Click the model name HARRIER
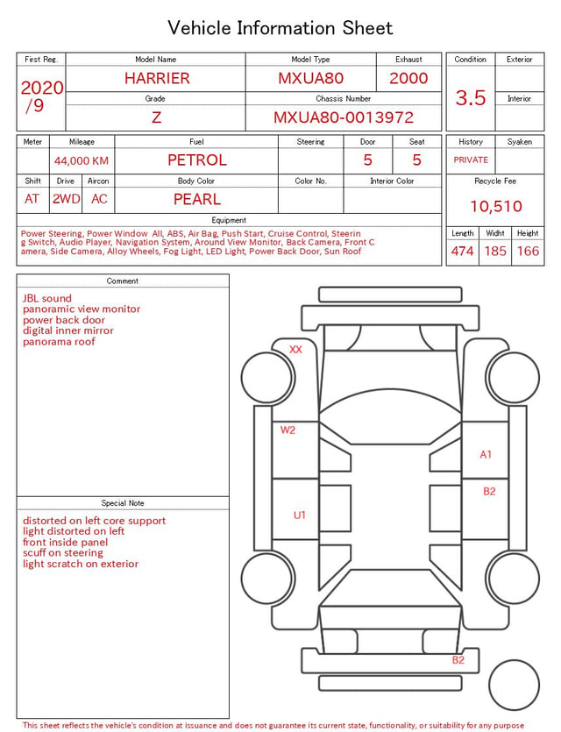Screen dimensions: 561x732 [157, 78]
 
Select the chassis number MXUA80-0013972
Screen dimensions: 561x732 [344, 117]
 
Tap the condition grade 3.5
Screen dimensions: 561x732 [471, 98]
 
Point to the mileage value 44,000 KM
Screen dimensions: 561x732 [82, 161]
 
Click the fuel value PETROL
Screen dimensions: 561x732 [197, 160]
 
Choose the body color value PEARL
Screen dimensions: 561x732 [197, 199]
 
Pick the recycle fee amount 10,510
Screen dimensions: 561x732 [495, 206]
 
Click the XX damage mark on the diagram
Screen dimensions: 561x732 [295, 349]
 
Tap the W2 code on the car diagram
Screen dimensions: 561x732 [288, 430]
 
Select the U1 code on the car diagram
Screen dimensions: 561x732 [299, 515]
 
